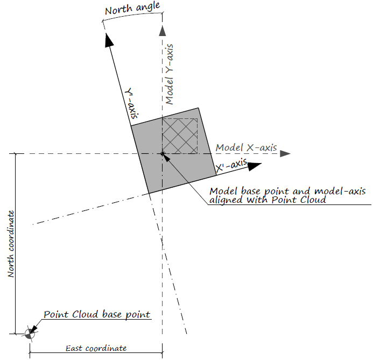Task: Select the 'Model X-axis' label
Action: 245,148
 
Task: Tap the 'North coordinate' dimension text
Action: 10,244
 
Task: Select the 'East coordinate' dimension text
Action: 96,348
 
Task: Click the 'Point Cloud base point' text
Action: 96,314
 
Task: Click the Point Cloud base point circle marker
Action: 29,334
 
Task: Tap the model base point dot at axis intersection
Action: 162,154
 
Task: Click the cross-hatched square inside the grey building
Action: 180,136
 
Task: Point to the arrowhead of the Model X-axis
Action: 285,154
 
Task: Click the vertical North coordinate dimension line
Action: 16,242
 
